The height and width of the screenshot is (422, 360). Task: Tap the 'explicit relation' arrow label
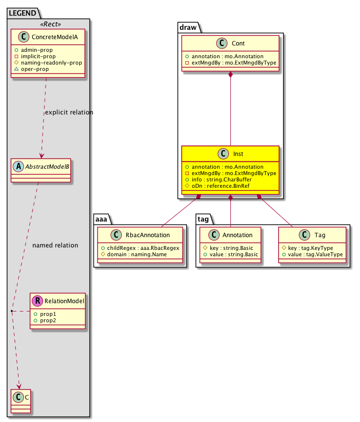point(68,112)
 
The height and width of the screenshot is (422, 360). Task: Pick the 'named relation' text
point(55,245)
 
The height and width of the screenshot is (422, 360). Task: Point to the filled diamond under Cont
point(230,75)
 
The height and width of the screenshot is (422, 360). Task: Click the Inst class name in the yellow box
point(238,154)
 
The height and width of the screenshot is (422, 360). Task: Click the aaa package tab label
point(103,219)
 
